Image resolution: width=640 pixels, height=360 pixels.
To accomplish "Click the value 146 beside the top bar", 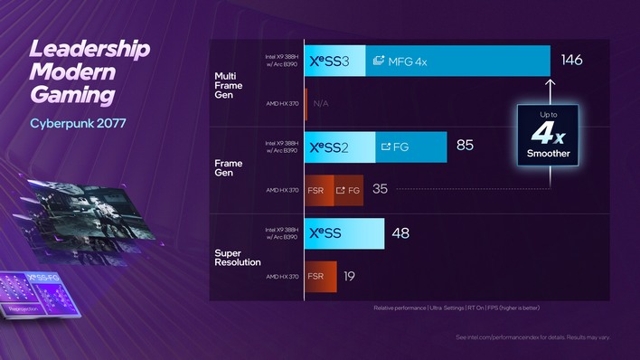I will pyautogui.click(x=571, y=61).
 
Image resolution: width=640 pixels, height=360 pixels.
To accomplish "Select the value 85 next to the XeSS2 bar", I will pyautogui.click(x=465, y=146).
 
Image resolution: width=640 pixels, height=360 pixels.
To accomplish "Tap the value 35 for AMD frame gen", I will pyautogui.click(x=380, y=189).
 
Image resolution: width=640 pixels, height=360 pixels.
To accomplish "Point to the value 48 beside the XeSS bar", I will pyautogui.click(x=400, y=233).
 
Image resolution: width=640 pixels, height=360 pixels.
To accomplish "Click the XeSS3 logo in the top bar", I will pyautogui.click(x=335, y=61).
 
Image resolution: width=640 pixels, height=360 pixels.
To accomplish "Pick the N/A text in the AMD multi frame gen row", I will pyautogui.click(x=320, y=104).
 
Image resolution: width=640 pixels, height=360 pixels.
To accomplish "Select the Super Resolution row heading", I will pyautogui.click(x=238, y=255).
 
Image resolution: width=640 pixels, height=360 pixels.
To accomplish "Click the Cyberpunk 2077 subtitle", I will pyautogui.click(x=78, y=122).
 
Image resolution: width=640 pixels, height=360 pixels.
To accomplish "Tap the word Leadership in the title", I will pyautogui.click(x=90, y=49).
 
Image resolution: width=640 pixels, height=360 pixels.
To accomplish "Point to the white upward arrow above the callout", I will pyautogui.click(x=549, y=90).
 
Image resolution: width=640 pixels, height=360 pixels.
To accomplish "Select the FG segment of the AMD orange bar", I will pyautogui.click(x=347, y=190).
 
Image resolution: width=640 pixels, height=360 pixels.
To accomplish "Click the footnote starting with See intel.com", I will pyautogui.click(x=532, y=337).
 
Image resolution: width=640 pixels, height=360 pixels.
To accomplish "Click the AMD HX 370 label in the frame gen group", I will pyautogui.click(x=281, y=190).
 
